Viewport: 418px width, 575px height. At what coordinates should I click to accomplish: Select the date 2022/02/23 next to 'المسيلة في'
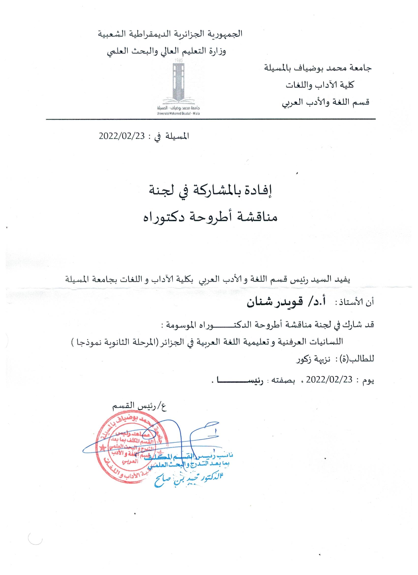[x=122, y=136]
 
